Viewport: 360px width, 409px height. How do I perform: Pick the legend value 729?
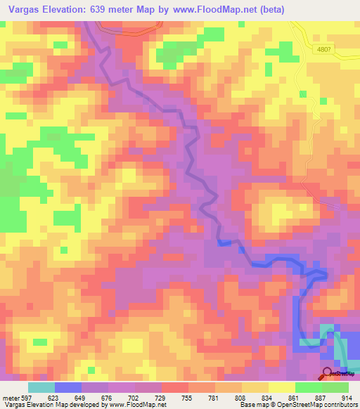pos(161,397)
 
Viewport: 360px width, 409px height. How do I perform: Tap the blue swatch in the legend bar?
pos(67,387)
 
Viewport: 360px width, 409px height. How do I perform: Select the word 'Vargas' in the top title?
pos(23,9)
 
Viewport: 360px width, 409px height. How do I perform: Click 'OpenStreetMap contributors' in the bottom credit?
pos(310,405)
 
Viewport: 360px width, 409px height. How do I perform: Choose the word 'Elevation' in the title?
pos(69,9)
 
